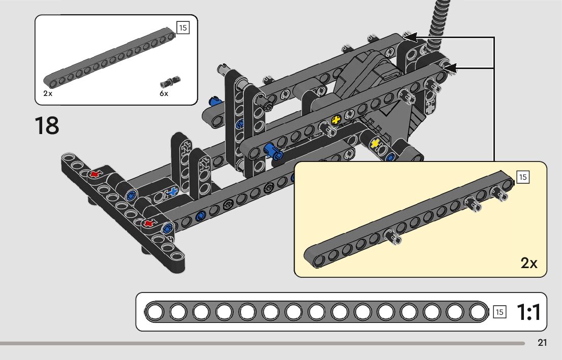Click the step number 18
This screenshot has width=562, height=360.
click(x=47, y=125)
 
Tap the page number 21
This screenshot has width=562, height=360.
click(x=542, y=343)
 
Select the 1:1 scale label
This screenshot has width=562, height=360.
click(x=528, y=312)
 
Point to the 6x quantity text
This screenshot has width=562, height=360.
click(x=164, y=93)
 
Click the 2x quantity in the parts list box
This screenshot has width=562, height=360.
click(x=48, y=93)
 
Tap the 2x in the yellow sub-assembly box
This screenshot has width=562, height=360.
click(x=528, y=263)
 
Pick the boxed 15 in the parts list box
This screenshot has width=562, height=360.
click(x=183, y=27)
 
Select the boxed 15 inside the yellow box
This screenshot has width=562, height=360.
click(x=522, y=177)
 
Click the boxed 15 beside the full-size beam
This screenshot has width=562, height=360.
click(x=499, y=312)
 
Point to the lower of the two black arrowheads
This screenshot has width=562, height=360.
click(x=451, y=68)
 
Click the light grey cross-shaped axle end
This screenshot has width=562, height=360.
click(x=431, y=108)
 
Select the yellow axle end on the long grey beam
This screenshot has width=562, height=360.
click(x=336, y=120)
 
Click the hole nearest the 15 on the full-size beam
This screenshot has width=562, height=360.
click(x=477, y=312)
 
